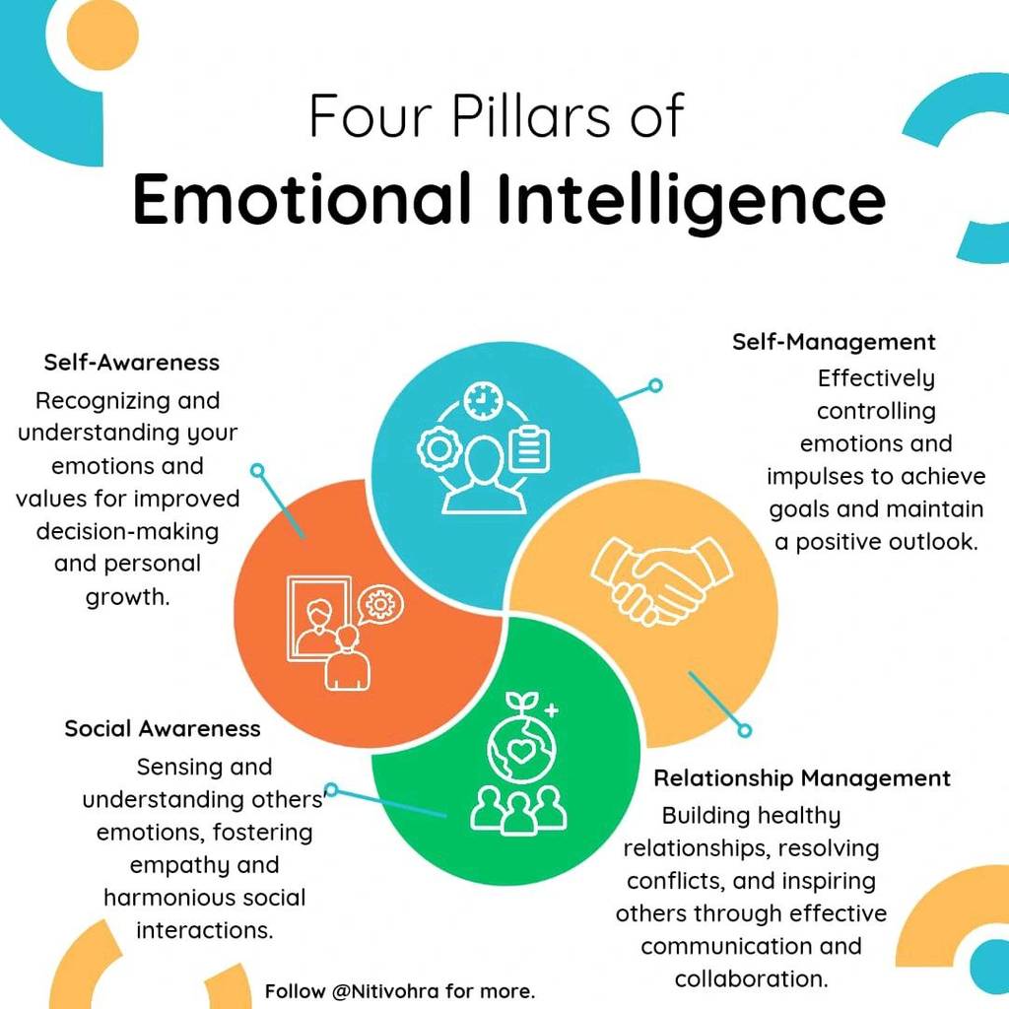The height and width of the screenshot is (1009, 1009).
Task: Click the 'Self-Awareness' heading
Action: [x=132, y=363]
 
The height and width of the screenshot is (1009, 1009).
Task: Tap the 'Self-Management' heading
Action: [x=834, y=342]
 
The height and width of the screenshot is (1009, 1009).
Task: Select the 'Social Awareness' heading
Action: [x=163, y=728]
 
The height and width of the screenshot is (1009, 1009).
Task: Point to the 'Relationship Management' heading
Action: [x=802, y=778]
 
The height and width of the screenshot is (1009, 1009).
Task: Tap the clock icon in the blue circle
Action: [x=482, y=400]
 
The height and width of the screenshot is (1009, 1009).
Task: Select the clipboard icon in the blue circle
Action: [x=529, y=448]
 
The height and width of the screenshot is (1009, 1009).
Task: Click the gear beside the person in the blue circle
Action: [x=437, y=448]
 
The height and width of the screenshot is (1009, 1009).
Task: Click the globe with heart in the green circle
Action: [x=521, y=750]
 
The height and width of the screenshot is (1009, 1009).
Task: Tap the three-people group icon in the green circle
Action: [x=518, y=811]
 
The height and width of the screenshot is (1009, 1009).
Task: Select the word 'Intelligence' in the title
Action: [x=692, y=199]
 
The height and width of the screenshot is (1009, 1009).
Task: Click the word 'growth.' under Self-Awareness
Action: [x=127, y=597]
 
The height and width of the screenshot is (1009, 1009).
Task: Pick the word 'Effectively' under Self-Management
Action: [x=876, y=379]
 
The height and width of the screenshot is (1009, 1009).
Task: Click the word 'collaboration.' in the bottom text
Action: [x=751, y=978]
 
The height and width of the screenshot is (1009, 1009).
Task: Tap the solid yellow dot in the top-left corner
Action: [x=102, y=34]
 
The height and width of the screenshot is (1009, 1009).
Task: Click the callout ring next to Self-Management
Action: [x=655, y=385]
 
